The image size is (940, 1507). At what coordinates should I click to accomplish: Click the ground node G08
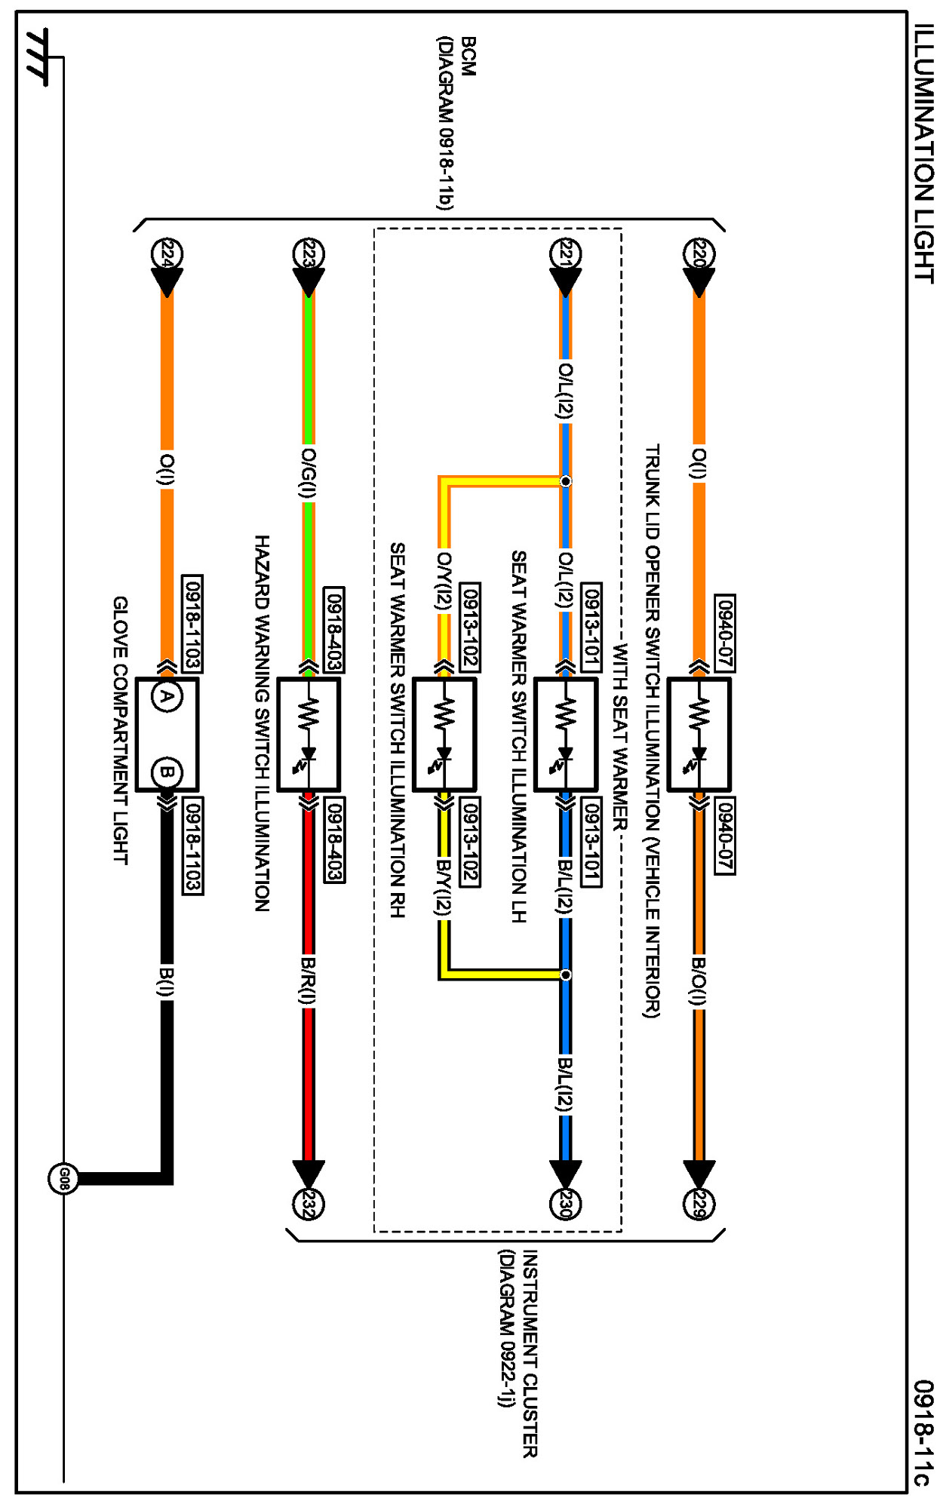point(63,1179)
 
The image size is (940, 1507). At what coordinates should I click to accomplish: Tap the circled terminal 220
point(699,253)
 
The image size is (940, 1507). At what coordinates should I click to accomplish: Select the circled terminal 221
point(565,253)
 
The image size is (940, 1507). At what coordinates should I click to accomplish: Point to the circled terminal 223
point(308,253)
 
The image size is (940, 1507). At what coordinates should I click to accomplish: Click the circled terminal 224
point(167,253)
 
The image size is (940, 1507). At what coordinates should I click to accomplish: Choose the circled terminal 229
point(699,1203)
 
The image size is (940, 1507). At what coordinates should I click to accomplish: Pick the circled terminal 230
point(565,1203)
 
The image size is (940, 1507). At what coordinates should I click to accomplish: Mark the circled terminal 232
point(308,1203)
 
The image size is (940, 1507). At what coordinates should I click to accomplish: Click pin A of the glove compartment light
point(167,696)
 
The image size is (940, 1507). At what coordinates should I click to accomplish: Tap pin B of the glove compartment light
point(167,772)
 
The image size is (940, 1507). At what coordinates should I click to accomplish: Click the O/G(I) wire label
point(308,473)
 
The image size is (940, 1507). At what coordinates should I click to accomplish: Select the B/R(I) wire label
point(308,981)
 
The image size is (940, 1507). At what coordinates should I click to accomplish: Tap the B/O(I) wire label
point(699,981)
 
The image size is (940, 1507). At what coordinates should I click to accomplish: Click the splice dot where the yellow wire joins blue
point(565,974)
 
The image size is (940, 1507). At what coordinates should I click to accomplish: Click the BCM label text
point(468,57)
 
